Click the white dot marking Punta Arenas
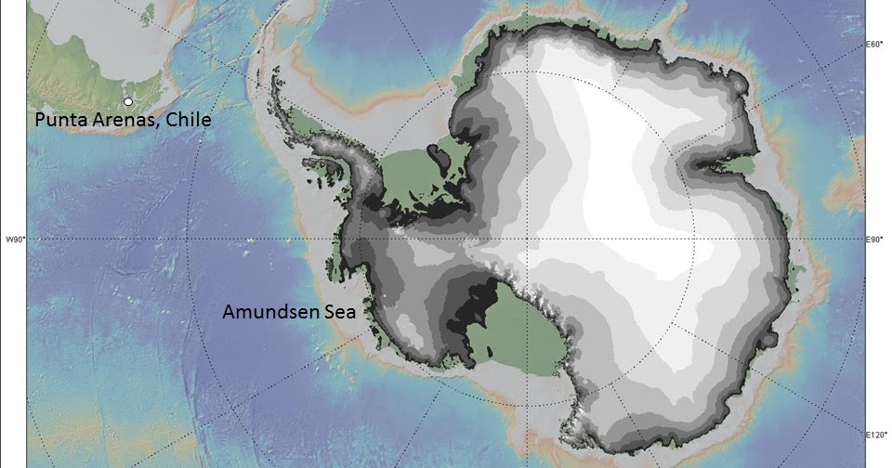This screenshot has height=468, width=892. coord(128,101)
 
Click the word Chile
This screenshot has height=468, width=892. coord(190,121)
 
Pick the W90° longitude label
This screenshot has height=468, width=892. coord(14,240)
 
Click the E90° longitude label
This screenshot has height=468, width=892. coord(873,240)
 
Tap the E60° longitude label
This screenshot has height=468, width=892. coord(873,44)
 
